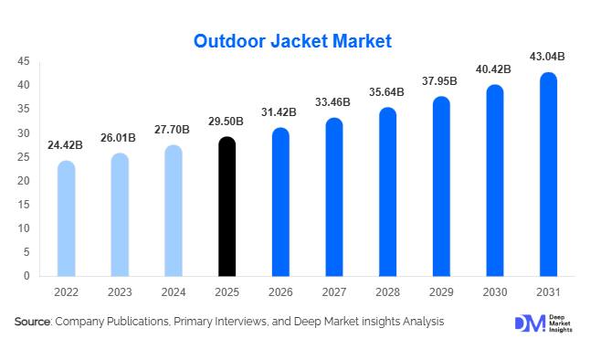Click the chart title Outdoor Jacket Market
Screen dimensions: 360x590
click(292, 40)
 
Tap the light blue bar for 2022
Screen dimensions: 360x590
click(66, 218)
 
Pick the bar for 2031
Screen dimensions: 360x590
click(548, 175)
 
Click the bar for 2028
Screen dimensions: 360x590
click(387, 192)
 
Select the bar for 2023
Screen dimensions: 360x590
click(120, 215)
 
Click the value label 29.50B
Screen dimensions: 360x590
click(227, 122)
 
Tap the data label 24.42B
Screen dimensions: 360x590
click(66, 145)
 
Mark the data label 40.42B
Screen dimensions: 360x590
click(494, 69)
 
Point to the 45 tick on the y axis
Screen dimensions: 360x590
click(24, 62)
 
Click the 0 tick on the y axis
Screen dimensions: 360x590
click(27, 276)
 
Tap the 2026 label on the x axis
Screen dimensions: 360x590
click(280, 292)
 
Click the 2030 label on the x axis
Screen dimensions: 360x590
click(494, 292)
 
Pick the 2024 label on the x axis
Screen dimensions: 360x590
click(174, 292)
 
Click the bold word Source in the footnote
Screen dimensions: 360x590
click(32, 322)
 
